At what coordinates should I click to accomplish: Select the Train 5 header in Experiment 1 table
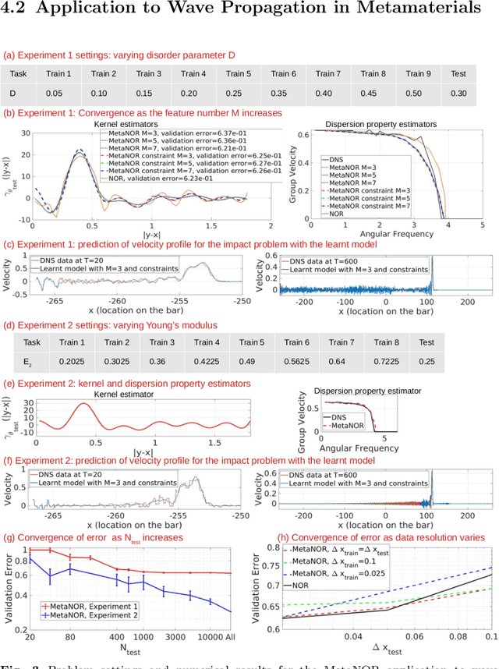tap(239, 74)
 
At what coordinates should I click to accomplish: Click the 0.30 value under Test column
tap(458, 94)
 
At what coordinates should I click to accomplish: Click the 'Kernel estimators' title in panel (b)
tap(122, 125)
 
